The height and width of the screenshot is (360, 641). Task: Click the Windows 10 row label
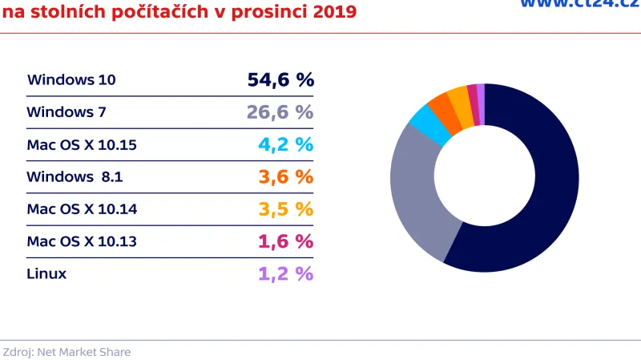pyautogui.click(x=71, y=80)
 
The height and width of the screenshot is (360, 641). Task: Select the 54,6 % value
pyautogui.click(x=280, y=79)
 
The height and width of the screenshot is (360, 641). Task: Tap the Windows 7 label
pyautogui.click(x=67, y=112)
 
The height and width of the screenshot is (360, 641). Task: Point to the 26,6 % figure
pyautogui.click(x=280, y=112)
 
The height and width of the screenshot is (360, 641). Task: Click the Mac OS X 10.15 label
pyautogui.click(x=82, y=145)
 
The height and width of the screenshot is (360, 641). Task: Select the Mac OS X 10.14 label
pyautogui.click(x=82, y=209)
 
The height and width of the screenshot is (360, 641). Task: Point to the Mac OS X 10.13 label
pyautogui.click(x=82, y=241)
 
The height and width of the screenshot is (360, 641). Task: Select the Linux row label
pyautogui.click(x=46, y=273)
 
